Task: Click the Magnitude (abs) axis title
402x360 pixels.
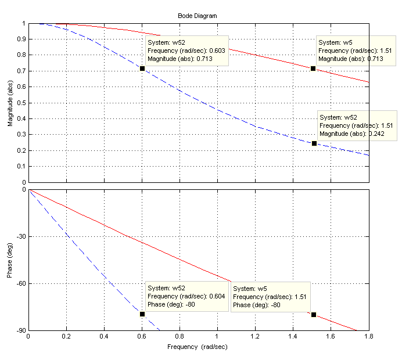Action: [10, 103]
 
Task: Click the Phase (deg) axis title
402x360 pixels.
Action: [10, 260]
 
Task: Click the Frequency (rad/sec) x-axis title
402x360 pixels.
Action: [197, 347]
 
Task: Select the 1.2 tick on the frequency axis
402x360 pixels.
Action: [255, 337]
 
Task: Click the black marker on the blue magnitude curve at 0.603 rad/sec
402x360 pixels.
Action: [142, 69]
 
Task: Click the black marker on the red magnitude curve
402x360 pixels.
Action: [313, 69]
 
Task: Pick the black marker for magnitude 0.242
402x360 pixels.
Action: [314, 143]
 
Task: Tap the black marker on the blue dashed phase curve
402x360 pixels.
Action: [142, 314]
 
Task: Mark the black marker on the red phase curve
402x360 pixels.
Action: [314, 315]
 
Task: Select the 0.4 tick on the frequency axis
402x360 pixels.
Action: [104, 337]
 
